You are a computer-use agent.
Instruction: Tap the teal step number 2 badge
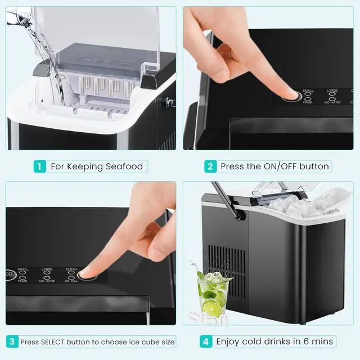tap(210, 166)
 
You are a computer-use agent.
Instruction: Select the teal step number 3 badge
tap(12, 341)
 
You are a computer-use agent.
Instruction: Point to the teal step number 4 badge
tap(205, 341)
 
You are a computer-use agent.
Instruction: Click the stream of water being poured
tap(48, 56)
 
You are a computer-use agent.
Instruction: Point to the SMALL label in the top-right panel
tap(308, 91)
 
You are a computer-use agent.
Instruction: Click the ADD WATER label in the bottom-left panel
tap(47, 281)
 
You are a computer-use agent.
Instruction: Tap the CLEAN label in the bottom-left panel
tap(71, 269)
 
